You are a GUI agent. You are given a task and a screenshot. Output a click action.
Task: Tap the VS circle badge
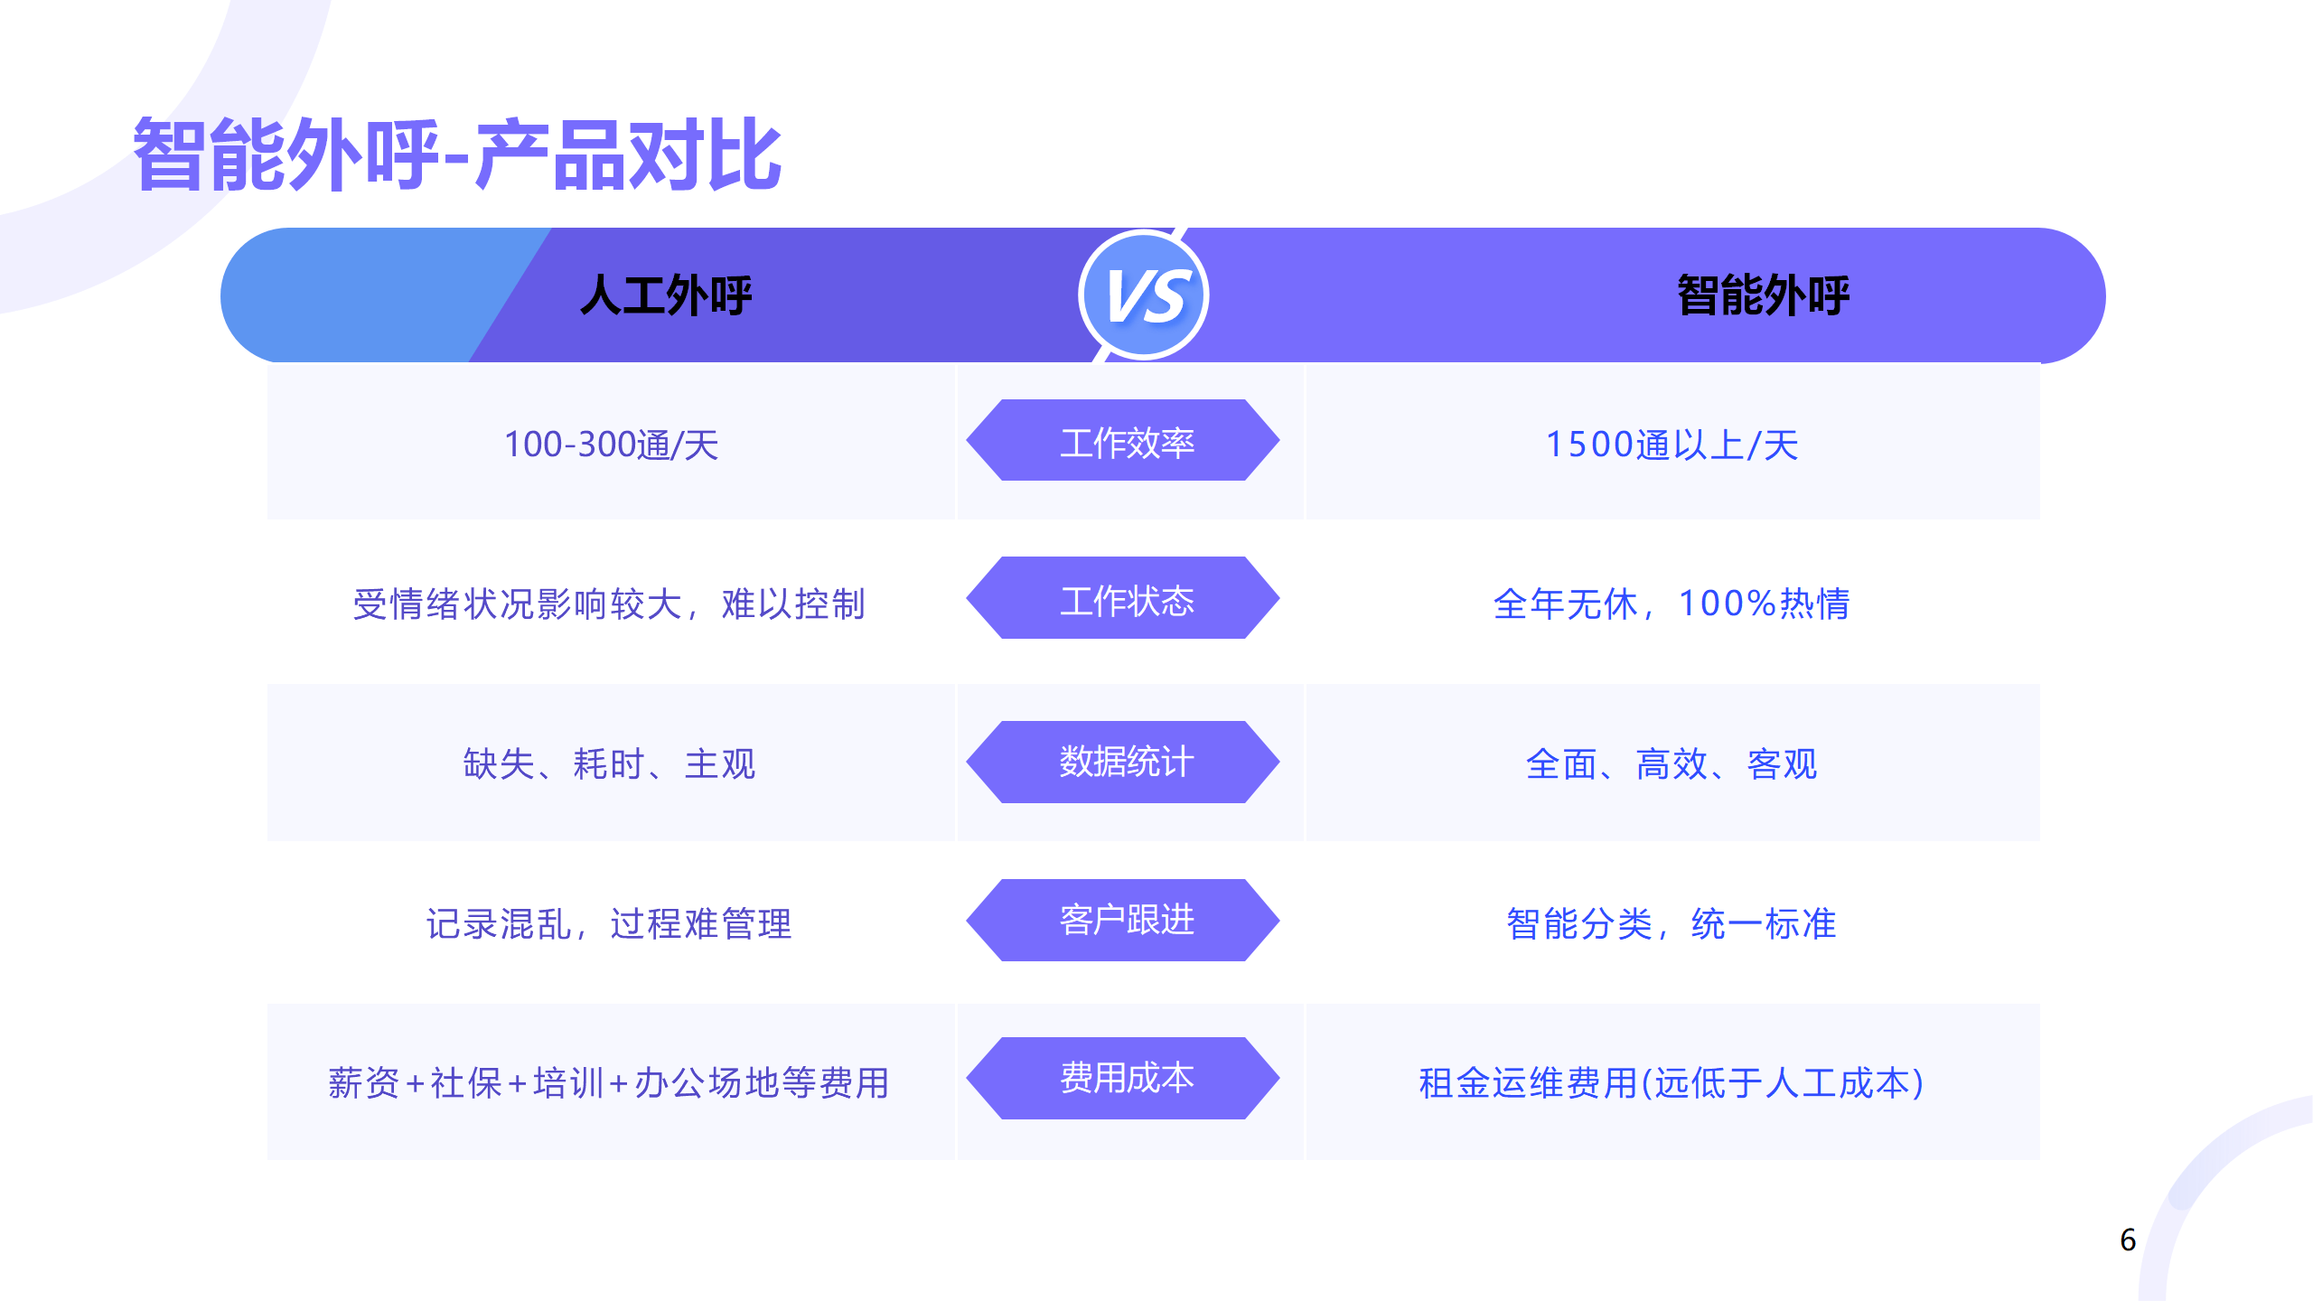pyautogui.click(x=1144, y=295)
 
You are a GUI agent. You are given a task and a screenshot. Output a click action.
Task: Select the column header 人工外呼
pyautogui.click(x=666, y=295)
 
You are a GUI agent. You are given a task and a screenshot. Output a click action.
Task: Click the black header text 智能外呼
pyautogui.click(x=1763, y=295)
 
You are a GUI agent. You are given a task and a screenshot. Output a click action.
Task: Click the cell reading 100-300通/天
pyautogui.click(x=611, y=445)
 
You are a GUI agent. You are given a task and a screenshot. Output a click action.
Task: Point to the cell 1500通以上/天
pyautogui.click(x=1672, y=445)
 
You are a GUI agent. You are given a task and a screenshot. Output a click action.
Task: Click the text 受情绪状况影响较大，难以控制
pyautogui.click(x=609, y=604)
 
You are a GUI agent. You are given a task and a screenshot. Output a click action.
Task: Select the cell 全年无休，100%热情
pyautogui.click(x=1672, y=604)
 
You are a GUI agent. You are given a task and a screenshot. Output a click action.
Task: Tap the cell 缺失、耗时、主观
pyautogui.click(x=609, y=764)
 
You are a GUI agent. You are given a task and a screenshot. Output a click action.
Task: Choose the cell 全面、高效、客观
pyautogui.click(x=1672, y=764)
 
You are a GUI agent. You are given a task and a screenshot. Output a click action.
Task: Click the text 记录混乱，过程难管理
pyautogui.click(x=609, y=923)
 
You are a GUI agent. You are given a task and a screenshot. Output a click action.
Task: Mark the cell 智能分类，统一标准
pyautogui.click(x=1672, y=923)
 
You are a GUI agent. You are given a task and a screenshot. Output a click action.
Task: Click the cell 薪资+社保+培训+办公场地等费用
pyautogui.click(x=609, y=1082)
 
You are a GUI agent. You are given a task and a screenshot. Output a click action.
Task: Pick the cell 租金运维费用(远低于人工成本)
pyautogui.click(x=1672, y=1082)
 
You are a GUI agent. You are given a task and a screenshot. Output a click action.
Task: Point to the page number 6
pyautogui.click(x=2128, y=1240)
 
